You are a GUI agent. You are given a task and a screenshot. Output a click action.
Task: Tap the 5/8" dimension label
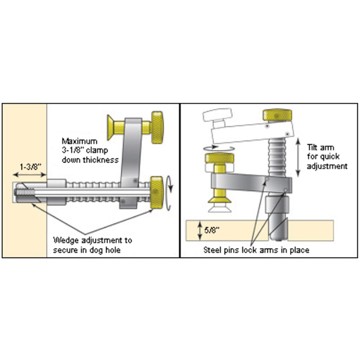(x=211, y=230)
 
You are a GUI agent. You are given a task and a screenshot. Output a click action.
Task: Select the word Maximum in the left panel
(x=80, y=141)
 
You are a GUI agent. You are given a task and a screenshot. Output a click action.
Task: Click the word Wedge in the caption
(x=66, y=240)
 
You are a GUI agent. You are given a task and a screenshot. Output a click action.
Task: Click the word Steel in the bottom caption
(x=212, y=250)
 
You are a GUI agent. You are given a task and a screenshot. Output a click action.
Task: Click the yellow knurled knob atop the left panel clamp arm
(x=157, y=127)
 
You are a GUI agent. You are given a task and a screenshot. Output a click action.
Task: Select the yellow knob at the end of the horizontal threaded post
(x=157, y=193)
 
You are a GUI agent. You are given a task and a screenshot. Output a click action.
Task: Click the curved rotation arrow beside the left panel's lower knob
(x=169, y=193)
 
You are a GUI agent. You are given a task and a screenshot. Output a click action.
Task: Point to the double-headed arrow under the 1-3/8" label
(x=29, y=175)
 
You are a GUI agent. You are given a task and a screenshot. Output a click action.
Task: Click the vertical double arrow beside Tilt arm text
(x=298, y=157)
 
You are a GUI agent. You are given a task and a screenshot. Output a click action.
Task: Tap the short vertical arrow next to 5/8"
(x=200, y=230)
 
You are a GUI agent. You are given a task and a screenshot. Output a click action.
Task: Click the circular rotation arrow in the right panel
(x=219, y=148)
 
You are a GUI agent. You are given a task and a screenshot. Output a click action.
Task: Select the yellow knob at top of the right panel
(x=277, y=115)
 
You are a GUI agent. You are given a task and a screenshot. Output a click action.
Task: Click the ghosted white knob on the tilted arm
(x=217, y=115)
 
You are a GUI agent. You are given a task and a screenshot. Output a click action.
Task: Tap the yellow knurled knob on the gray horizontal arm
(x=220, y=158)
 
